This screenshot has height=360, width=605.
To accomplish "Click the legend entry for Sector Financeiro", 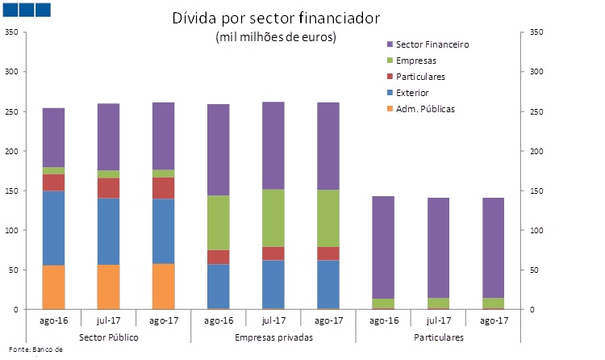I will (432, 44).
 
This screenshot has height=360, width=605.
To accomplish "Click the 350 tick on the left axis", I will (11, 32).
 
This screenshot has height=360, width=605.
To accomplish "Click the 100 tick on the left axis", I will (11, 230).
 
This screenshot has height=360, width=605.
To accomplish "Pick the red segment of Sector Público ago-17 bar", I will (163, 188).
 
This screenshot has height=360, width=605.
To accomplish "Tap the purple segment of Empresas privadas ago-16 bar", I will (219, 150).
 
